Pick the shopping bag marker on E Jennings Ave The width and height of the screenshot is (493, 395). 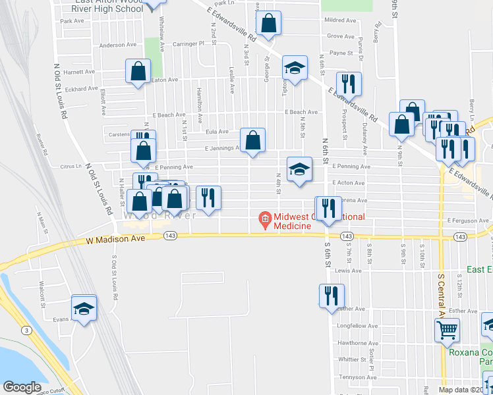tap(252, 140)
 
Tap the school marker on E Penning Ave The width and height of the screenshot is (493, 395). tap(299, 169)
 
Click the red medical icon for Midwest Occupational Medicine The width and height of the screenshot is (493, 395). tap(265, 218)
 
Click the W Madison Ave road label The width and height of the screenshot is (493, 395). tap(115, 241)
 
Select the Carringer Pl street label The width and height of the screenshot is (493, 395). tap(189, 43)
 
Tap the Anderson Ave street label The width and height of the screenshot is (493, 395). tap(117, 45)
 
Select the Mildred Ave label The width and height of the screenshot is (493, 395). tap(340, 21)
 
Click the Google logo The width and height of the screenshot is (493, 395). tap(22, 387)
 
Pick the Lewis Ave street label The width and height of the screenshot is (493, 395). tap(348, 270)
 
